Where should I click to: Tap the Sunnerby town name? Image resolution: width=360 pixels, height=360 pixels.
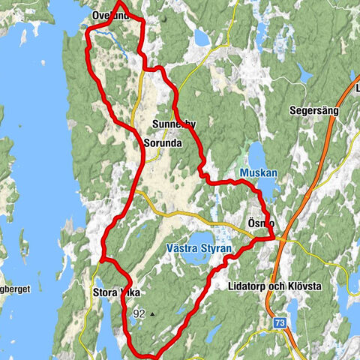coord(173,124)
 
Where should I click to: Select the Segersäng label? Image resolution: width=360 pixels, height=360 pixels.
coord(314,110)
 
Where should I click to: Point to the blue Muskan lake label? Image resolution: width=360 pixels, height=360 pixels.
coord(259,172)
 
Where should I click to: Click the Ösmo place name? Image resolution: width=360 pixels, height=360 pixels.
coord(260,223)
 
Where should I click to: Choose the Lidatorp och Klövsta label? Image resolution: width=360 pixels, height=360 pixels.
coord(273,286)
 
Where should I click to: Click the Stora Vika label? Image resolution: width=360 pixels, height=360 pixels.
coord(115,293)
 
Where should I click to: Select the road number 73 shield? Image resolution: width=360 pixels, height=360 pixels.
coord(280,323)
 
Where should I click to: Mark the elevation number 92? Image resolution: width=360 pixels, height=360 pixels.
coord(138,313)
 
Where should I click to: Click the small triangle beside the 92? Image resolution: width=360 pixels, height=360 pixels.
coord(152,314)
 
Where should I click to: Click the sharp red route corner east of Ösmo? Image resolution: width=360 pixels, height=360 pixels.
coord(271,238)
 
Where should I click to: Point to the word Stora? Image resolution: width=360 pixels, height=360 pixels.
coord(103,293)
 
